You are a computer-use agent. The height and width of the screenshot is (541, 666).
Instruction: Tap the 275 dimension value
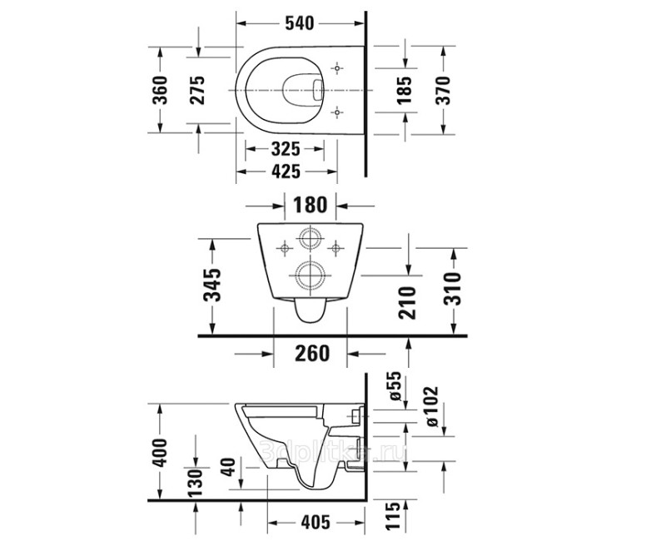click(x=198, y=90)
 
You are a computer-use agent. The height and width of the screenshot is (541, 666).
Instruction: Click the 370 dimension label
click(x=442, y=90)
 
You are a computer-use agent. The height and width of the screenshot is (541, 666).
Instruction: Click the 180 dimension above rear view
click(x=310, y=205)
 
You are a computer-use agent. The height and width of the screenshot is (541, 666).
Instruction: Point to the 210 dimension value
click(x=408, y=300)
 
